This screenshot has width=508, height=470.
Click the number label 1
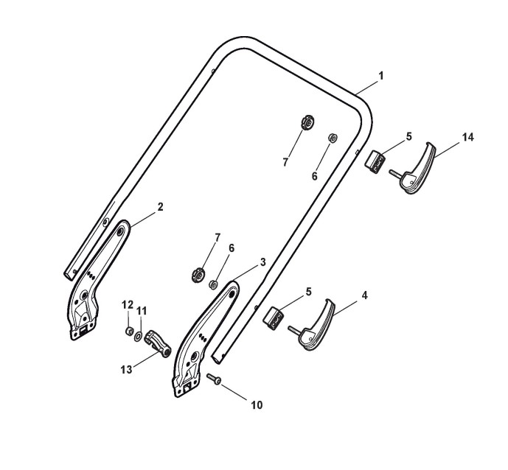(x=380, y=76)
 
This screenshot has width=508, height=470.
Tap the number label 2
(x=159, y=207)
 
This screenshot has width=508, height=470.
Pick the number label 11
(x=142, y=311)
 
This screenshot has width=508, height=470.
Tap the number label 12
(x=127, y=305)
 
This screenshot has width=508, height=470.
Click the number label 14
(x=467, y=137)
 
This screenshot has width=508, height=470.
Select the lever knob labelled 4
(x=316, y=329)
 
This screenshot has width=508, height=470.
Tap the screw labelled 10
(x=214, y=379)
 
